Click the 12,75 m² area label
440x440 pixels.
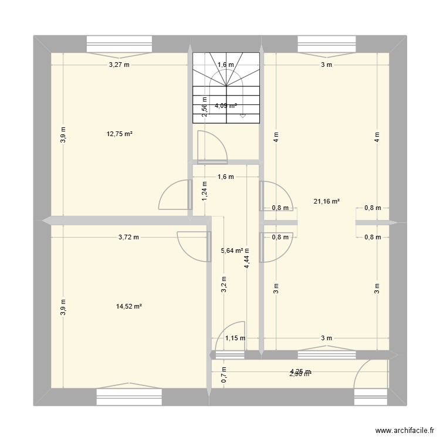(x=120, y=134)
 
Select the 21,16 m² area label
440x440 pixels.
(x=327, y=201)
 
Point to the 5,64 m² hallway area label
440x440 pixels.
(x=232, y=251)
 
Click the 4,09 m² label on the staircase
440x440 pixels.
(x=226, y=106)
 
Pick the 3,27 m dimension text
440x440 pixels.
(x=119, y=65)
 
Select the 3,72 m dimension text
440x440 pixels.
(x=128, y=238)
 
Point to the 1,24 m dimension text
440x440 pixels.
(x=204, y=191)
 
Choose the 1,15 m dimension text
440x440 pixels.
(x=235, y=338)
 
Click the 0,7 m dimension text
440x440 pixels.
(x=223, y=374)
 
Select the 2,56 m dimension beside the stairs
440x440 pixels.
(x=204, y=107)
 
